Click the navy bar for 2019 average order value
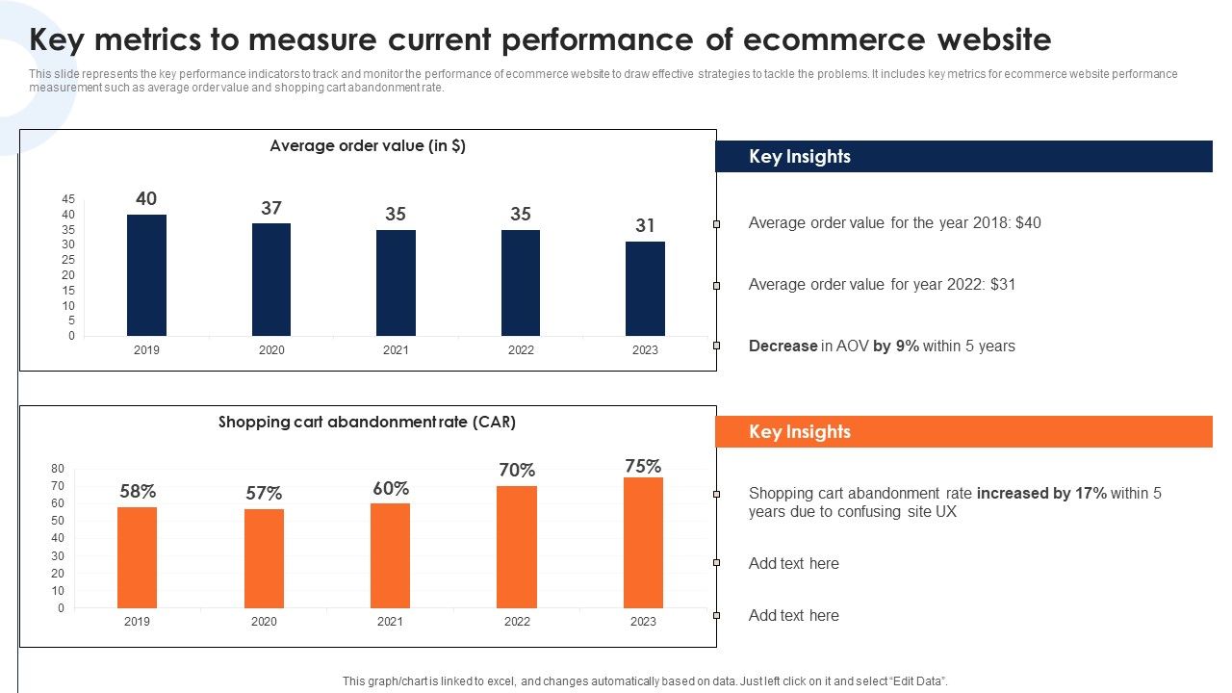146,275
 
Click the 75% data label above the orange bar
643,467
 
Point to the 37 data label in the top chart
271,208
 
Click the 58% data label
138,492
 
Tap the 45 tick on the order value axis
68,199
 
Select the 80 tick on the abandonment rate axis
58,469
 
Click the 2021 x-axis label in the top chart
396,350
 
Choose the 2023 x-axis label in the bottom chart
643,622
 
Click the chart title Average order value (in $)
368,146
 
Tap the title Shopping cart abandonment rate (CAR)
367,422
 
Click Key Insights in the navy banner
800,157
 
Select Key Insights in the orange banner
800,432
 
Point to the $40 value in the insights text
1028,223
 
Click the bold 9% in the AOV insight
907,346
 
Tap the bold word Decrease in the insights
783,346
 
